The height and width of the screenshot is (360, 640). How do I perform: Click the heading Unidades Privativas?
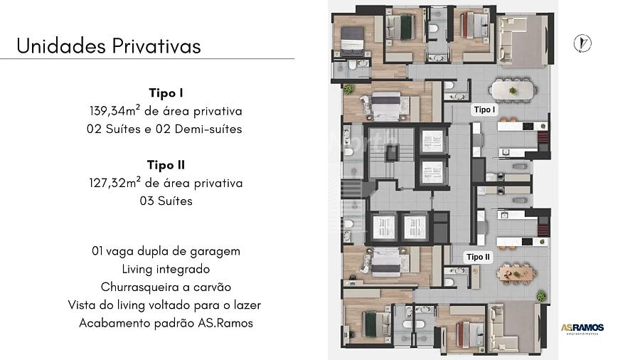tap(109, 46)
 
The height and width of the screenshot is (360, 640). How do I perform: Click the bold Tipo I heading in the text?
tap(166, 92)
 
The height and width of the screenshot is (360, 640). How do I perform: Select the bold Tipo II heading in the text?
tap(166, 165)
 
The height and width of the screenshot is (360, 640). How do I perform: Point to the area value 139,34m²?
tap(115, 110)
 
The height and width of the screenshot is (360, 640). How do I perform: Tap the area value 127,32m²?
tap(115, 182)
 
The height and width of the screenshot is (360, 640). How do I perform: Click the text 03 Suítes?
tap(166, 201)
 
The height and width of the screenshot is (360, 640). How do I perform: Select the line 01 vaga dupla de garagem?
tap(166, 251)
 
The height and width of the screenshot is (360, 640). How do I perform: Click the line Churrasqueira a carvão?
tap(166, 287)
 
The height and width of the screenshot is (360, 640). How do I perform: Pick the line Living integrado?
tap(166, 269)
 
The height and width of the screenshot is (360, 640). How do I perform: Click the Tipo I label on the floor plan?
tap(484, 110)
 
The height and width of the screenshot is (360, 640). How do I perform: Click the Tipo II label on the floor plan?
tap(478, 257)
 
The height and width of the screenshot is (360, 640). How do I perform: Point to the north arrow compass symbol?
tap(582, 43)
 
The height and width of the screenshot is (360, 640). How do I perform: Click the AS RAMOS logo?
tap(582, 328)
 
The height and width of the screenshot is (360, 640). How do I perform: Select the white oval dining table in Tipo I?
tap(513, 90)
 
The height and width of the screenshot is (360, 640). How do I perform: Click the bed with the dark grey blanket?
tap(352, 41)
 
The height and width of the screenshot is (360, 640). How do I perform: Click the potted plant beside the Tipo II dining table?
tap(541, 295)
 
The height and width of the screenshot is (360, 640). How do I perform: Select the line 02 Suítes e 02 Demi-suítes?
tap(164, 129)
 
